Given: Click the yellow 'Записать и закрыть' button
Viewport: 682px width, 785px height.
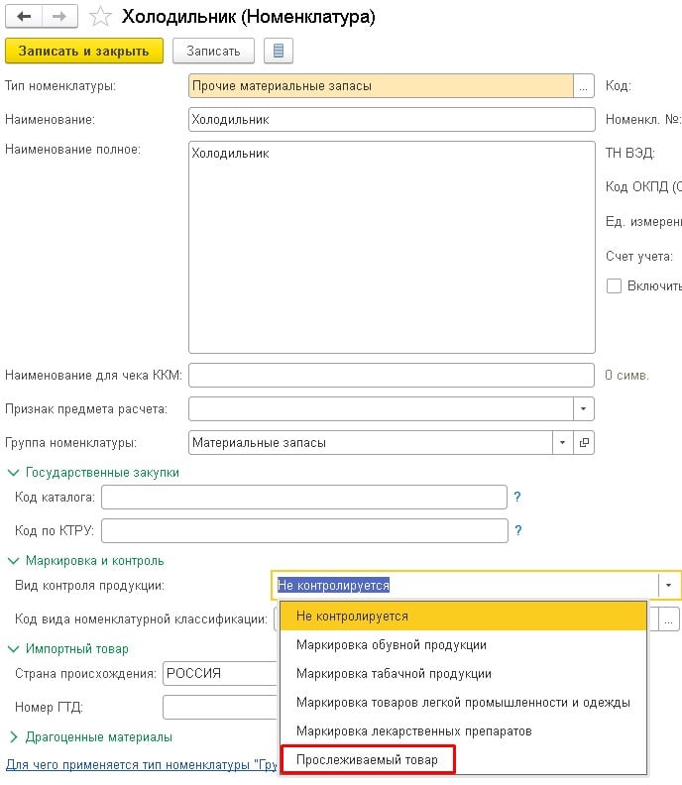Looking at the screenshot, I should point(83,51).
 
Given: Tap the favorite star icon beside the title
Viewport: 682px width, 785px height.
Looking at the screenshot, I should point(99,17).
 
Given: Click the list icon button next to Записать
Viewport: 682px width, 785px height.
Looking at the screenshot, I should point(278,51).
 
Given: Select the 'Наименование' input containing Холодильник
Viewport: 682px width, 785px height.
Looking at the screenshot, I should point(391,120).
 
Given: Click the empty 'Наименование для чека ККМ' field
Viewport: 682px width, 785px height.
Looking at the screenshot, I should point(391,376).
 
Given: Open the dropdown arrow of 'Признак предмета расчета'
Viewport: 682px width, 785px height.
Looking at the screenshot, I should point(584,409).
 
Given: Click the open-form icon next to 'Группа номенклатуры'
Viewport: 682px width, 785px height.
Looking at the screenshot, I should point(584,443).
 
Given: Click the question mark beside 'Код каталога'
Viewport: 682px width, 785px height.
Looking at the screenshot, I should point(517,497).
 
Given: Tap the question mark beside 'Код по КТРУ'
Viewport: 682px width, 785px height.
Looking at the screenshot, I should point(517,531).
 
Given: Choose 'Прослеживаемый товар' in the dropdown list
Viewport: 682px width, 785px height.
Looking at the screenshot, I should point(367,759).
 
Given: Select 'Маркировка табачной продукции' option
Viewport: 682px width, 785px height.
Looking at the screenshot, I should point(394,674).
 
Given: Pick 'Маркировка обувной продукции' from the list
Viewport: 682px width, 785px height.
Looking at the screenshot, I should point(391,645).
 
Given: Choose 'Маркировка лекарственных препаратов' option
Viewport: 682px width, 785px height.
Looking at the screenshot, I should point(413,730).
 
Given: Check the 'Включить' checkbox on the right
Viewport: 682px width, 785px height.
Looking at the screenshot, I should point(614,286).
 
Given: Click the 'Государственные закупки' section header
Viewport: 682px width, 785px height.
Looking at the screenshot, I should point(102,473).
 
